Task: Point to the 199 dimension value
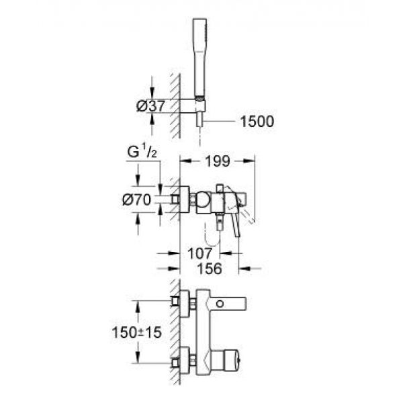pos(218,162)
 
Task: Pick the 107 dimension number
pos(201,253)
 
